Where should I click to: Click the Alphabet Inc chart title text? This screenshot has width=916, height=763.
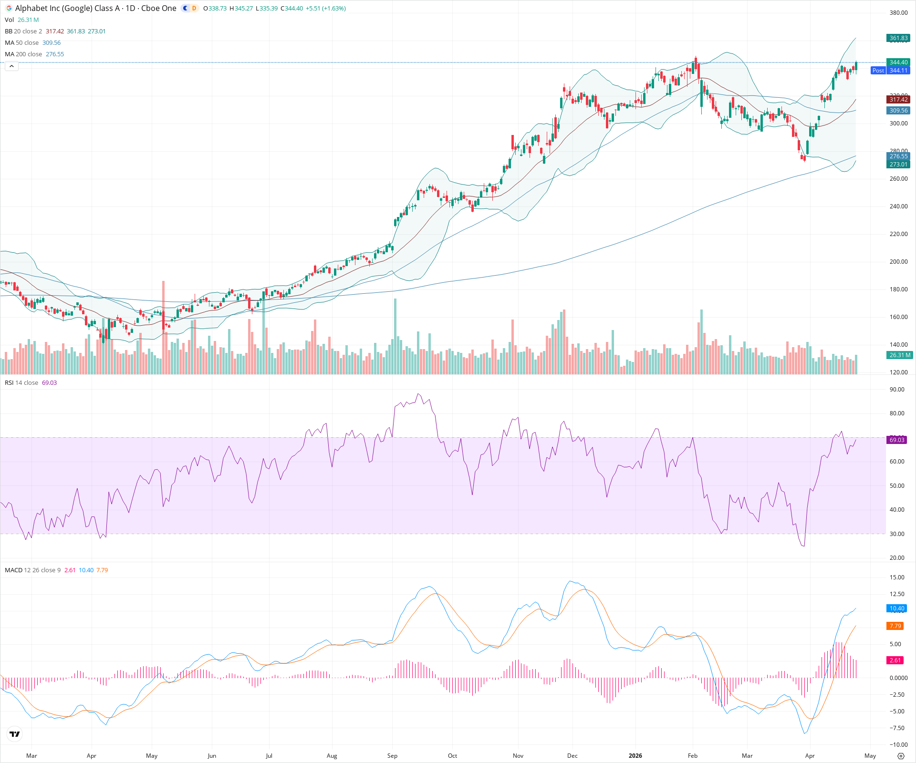click(x=95, y=8)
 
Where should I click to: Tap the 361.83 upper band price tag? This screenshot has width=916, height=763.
click(x=898, y=38)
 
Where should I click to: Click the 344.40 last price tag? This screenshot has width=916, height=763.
click(x=898, y=62)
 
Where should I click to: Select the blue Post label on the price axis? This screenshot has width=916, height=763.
click(x=878, y=71)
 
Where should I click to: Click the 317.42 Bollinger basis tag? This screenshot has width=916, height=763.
click(x=898, y=100)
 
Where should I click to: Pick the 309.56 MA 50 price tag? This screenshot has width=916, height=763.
click(x=898, y=111)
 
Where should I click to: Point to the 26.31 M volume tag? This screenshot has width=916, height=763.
click(x=899, y=355)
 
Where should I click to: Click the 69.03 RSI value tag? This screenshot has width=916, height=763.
click(x=897, y=440)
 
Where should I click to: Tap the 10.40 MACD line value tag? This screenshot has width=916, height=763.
click(x=897, y=608)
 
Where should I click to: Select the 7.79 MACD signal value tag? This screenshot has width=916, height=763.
click(x=895, y=626)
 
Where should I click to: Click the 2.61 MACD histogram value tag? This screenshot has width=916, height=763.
click(x=895, y=660)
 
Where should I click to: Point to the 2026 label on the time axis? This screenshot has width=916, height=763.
click(x=635, y=756)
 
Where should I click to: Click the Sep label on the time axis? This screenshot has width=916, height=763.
click(x=392, y=756)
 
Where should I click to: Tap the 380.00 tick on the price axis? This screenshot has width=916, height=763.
click(x=898, y=13)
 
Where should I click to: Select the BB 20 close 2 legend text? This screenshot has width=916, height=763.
click(x=23, y=31)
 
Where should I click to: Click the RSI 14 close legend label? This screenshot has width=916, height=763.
click(x=21, y=383)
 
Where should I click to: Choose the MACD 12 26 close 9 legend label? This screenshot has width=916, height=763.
click(x=32, y=570)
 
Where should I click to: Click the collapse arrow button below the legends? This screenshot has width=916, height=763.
click(x=11, y=66)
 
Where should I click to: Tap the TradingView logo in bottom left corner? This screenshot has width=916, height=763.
click(x=15, y=734)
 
